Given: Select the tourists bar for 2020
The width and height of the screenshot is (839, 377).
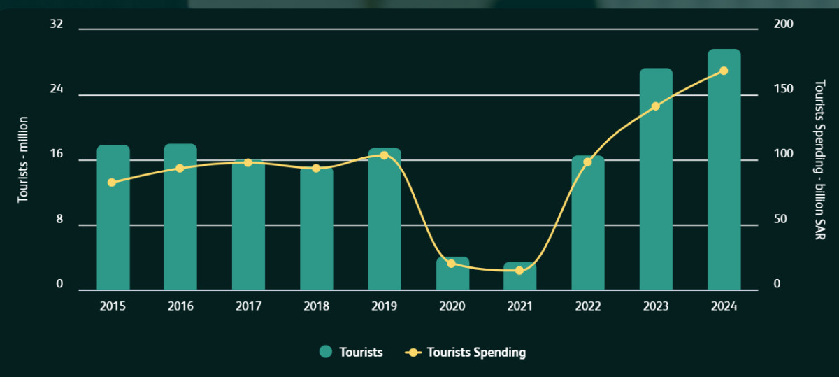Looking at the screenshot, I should tap(452, 273).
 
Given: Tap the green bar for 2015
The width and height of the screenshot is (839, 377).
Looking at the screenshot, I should tap(113, 218).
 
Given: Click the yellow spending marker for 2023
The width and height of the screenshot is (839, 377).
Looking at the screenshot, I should tap(656, 106).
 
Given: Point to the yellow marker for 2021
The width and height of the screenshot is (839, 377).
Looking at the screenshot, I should tap(519, 270).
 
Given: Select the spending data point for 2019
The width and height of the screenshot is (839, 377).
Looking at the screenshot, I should tap(384, 155).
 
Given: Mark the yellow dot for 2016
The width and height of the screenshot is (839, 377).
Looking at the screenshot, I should tap(180, 168).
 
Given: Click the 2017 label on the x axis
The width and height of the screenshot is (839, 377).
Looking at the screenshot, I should tap(248, 306).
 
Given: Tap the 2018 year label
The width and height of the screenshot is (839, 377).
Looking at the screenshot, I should tap(316, 306).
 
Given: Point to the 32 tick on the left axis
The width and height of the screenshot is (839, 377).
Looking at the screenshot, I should tap(57, 24).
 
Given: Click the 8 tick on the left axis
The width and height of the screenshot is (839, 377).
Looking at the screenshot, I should tap(59, 220).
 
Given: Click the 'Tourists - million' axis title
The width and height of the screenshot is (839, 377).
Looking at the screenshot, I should tap(22, 159).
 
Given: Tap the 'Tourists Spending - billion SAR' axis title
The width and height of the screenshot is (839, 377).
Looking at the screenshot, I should tap(820, 159).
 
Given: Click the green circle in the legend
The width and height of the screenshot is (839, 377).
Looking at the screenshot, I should tap(325, 353).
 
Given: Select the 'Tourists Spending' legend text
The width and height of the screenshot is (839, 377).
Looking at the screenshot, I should tap(476, 353).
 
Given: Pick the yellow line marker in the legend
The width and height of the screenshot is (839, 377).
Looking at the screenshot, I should tap(413, 353).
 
